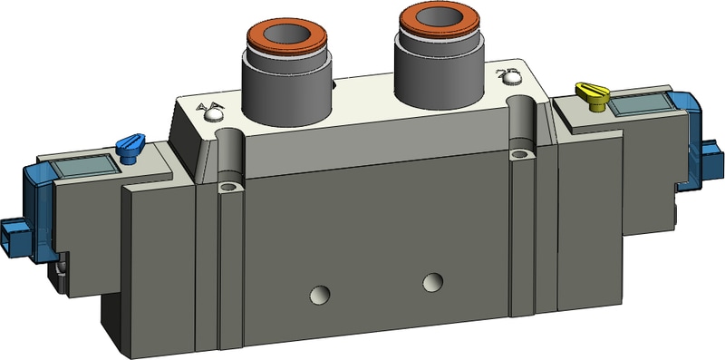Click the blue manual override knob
[x=130, y=146]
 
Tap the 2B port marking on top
[x=508, y=70]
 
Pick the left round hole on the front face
[x=318, y=294]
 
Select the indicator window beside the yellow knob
[x=640, y=104]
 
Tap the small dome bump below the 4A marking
[x=215, y=115]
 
